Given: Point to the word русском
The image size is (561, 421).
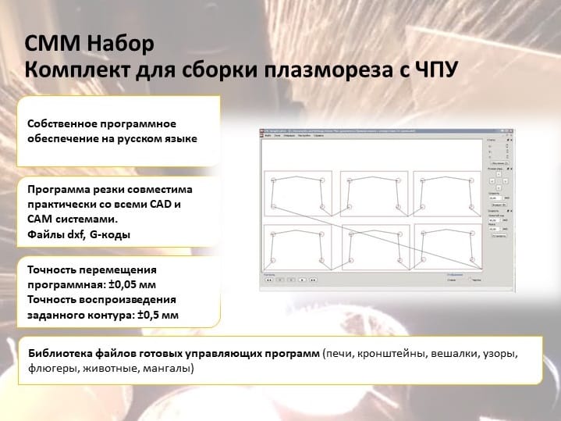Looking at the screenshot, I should coord(141,139).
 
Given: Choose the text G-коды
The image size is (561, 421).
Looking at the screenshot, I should coord(108,234).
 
